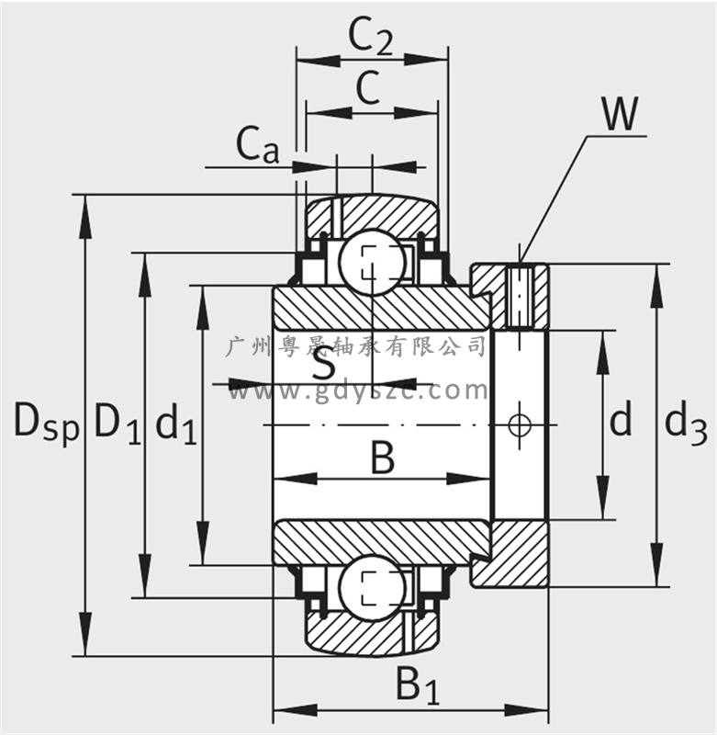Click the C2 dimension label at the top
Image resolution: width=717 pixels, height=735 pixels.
(x=371, y=38)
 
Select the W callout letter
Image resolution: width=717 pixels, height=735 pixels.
(x=621, y=114)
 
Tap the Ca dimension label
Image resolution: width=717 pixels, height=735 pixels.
(x=258, y=145)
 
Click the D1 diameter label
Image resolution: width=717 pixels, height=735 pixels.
(x=118, y=423)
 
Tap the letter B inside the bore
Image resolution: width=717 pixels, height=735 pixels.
(x=383, y=458)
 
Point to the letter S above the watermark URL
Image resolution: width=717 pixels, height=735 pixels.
(x=323, y=363)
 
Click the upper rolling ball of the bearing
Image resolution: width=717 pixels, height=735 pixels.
(x=373, y=262)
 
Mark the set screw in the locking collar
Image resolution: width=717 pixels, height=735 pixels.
(x=520, y=297)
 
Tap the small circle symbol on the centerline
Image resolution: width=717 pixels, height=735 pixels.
(x=520, y=424)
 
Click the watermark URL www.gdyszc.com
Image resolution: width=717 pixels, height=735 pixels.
(x=357, y=390)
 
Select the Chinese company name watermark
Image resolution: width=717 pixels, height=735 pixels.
(x=356, y=346)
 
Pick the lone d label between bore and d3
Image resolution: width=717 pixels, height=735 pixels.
(x=621, y=419)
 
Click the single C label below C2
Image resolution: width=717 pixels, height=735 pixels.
(x=368, y=87)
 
